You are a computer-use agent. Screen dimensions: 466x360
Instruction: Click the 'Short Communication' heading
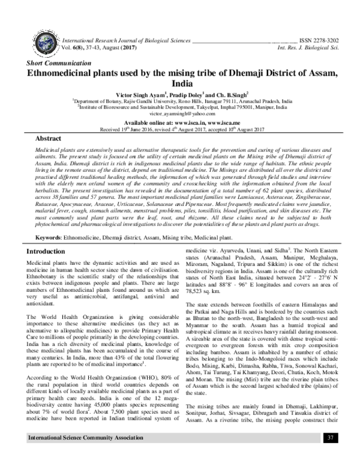[53, 62]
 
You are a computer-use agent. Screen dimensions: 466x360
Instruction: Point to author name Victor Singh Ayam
[134, 95]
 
